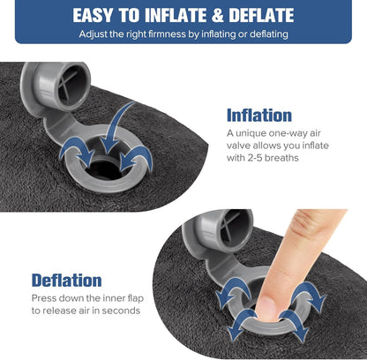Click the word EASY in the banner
(100, 15)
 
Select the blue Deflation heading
(66, 281)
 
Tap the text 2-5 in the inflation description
(260, 158)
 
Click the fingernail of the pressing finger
(264, 306)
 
